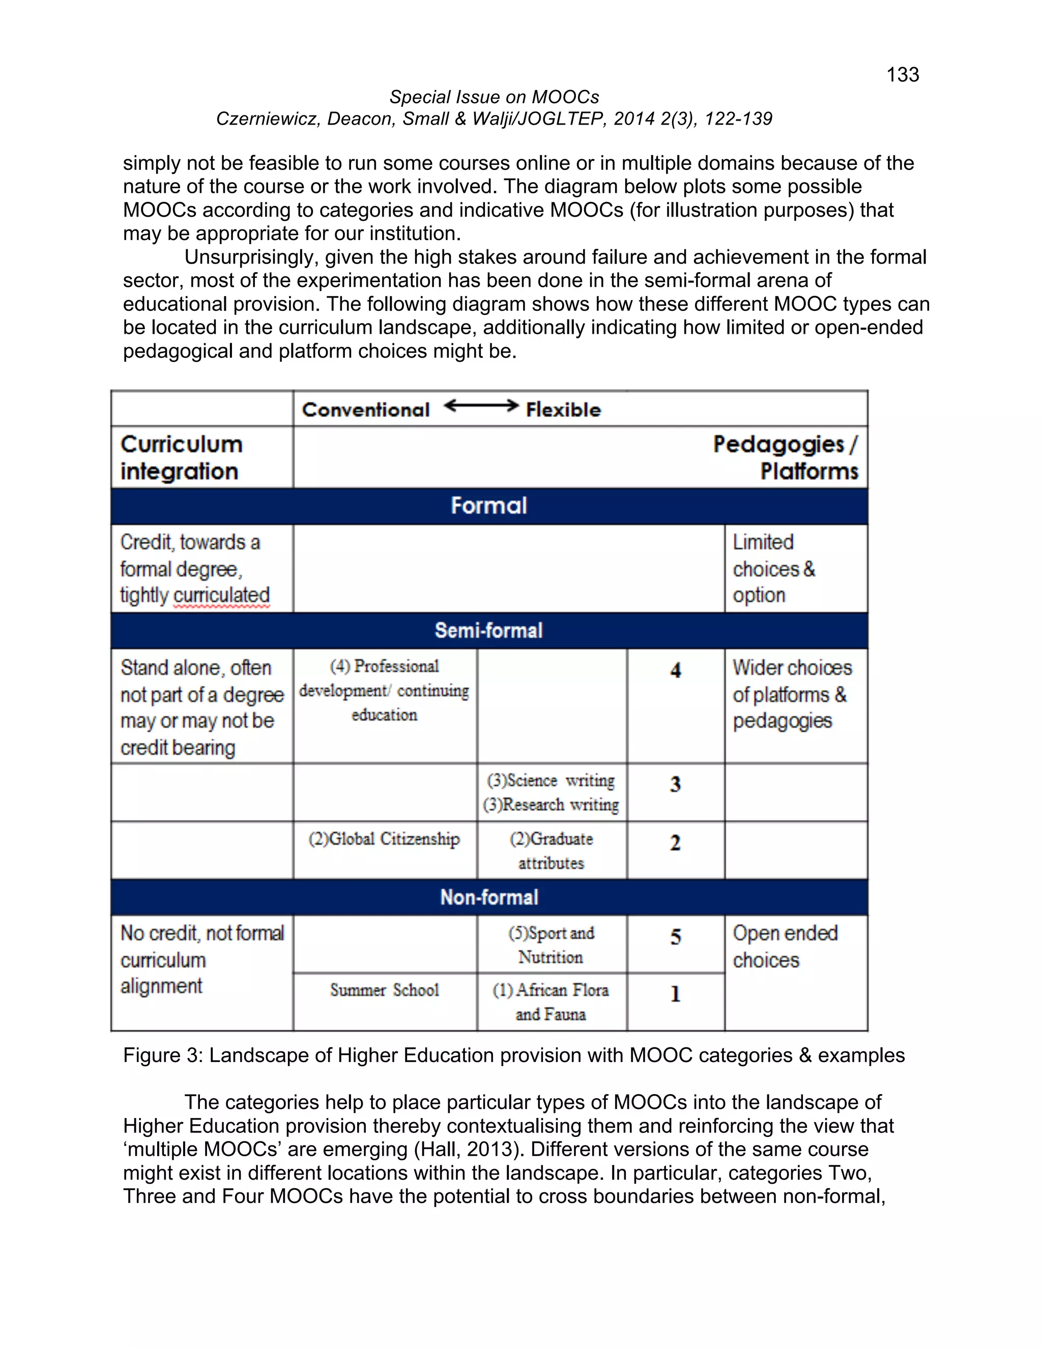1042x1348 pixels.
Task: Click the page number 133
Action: pyautogui.click(x=903, y=75)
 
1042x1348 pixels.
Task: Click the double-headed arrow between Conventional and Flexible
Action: pyautogui.click(x=481, y=405)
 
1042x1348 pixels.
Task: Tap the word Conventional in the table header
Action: pyautogui.click(x=365, y=410)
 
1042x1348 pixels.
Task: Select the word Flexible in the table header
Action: pyautogui.click(x=563, y=410)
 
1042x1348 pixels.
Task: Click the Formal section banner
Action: pyautogui.click(x=489, y=506)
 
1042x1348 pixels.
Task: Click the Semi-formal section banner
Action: pyautogui.click(x=489, y=630)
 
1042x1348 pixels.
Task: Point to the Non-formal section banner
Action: pyautogui.click(x=489, y=897)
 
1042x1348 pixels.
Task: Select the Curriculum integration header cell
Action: pyautogui.click(x=182, y=457)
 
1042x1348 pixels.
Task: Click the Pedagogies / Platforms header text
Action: pyautogui.click(x=785, y=457)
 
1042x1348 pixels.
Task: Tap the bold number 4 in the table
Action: pyautogui.click(x=675, y=670)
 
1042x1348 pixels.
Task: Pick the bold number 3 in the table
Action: pyautogui.click(x=675, y=784)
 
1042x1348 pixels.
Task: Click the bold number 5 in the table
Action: pyautogui.click(x=675, y=937)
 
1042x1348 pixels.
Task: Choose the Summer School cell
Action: pyautogui.click(x=384, y=990)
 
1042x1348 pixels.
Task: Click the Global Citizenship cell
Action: pyautogui.click(x=384, y=839)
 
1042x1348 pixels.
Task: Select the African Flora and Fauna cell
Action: pyautogui.click(x=551, y=1002)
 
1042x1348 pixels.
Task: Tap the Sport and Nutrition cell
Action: pyautogui.click(x=551, y=945)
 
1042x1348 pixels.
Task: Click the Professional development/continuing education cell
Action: pyautogui.click(x=384, y=691)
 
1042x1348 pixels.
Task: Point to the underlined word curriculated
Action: pyautogui.click(x=222, y=596)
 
